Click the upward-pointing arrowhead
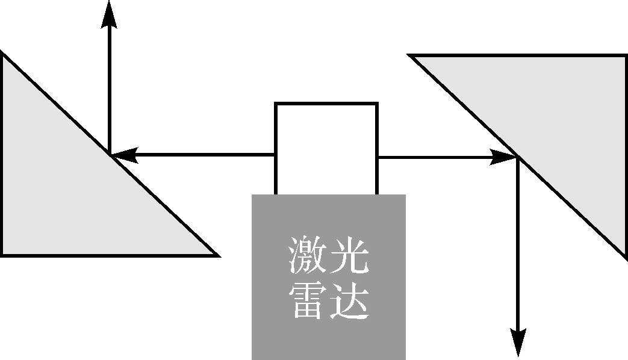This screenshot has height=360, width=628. coord(109,13)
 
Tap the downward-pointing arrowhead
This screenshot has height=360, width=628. coord(518,344)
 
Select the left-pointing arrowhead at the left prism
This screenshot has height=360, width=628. coord(124,156)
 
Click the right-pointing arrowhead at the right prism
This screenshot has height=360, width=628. coord(502,158)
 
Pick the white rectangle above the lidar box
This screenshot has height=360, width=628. coord(326,147)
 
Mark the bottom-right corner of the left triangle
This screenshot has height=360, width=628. coord(216,255)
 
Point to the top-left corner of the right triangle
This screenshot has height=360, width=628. coord(411,56)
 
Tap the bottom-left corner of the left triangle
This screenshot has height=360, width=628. coord(2,254)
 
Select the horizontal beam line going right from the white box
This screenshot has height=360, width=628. coord(434,158)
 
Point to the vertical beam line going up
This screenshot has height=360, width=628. coord(109,90)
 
